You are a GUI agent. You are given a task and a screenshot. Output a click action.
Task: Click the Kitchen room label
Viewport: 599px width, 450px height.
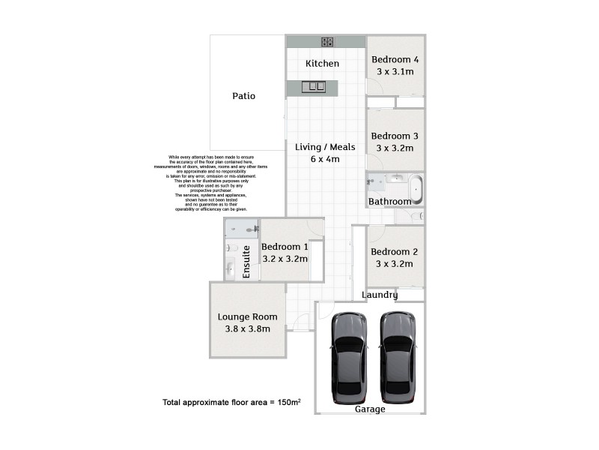[322, 64]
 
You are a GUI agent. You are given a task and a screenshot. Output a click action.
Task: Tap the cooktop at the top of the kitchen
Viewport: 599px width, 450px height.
[328, 41]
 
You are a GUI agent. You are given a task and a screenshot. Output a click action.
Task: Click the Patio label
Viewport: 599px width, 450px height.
[243, 96]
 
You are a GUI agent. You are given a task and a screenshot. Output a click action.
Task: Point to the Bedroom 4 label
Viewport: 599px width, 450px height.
[395, 60]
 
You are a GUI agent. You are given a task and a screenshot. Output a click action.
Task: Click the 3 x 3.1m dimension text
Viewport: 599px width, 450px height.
[395, 72]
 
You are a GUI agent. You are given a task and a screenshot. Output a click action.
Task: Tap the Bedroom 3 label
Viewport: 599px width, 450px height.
[395, 136]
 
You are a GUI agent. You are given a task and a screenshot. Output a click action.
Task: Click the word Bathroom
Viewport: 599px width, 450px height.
[389, 202]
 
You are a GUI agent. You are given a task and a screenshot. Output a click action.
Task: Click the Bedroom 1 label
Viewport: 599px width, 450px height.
[285, 247]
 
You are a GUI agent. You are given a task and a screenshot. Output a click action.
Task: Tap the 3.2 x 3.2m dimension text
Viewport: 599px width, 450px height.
[285, 259]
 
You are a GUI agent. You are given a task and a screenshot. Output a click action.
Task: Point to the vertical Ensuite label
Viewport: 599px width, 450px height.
[246, 262]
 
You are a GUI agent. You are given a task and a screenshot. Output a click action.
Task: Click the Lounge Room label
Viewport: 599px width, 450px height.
[247, 316]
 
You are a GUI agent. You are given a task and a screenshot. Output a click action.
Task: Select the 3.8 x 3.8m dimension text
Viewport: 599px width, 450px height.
[247, 328]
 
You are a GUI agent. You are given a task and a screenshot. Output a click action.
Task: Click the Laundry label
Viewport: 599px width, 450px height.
[380, 295]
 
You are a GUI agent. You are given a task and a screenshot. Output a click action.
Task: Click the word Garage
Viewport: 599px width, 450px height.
[370, 409]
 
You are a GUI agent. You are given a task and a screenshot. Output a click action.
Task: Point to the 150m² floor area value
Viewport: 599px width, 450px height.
[286, 403]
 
